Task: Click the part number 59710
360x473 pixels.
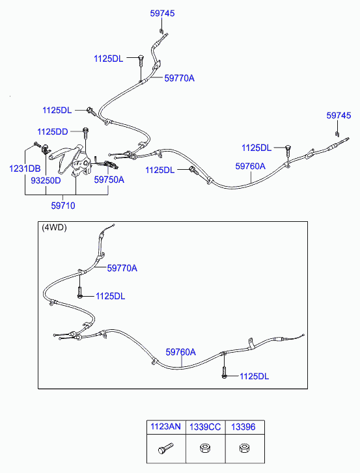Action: click(x=63, y=206)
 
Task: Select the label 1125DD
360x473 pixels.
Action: click(x=53, y=132)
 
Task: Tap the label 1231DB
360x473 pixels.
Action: click(x=25, y=169)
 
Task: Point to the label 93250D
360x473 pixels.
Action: click(x=46, y=180)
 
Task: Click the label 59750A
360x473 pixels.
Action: click(x=109, y=180)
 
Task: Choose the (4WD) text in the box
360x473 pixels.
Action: click(x=54, y=227)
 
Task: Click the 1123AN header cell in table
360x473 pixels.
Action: click(x=165, y=427)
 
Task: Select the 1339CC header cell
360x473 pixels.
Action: click(x=205, y=427)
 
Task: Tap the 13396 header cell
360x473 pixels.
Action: click(x=243, y=427)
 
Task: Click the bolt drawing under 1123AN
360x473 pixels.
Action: click(x=165, y=448)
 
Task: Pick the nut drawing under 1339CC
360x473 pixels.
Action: click(x=205, y=448)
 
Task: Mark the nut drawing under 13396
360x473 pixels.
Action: click(x=244, y=448)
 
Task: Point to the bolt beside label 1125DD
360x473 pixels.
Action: click(x=86, y=133)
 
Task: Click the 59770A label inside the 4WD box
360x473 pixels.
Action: click(x=122, y=268)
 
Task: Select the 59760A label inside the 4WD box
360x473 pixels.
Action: click(x=181, y=352)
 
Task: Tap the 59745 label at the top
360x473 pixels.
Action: click(x=162, y=13)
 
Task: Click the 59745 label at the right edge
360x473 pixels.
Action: click(x=339, y=115)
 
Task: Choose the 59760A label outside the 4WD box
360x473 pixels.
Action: click(x=251, y=166)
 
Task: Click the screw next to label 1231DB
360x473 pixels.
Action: click(x=37, y=144)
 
